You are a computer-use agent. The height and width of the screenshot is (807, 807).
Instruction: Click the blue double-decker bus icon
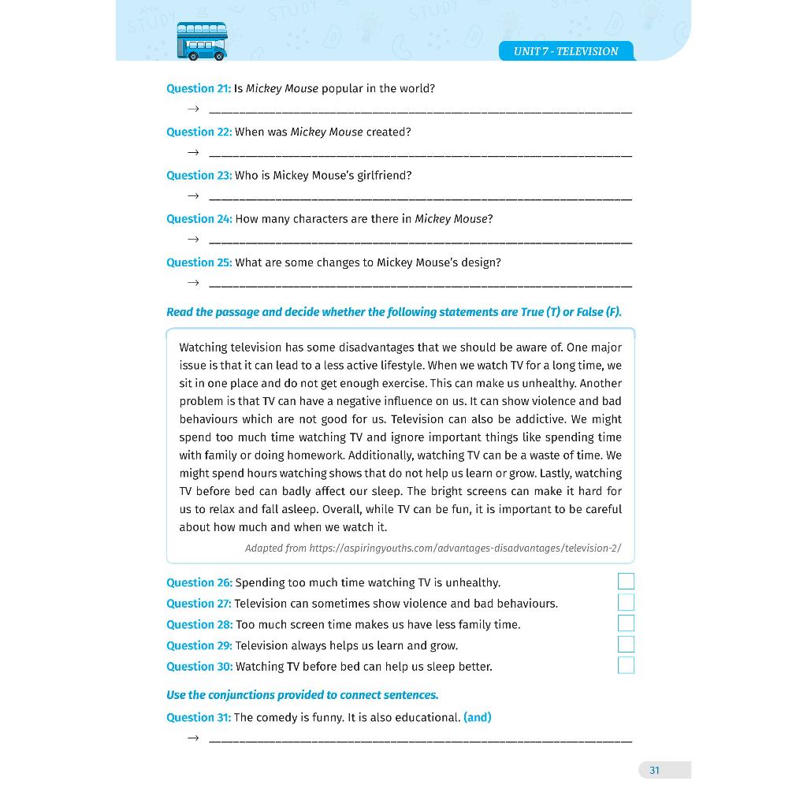coord(202,41)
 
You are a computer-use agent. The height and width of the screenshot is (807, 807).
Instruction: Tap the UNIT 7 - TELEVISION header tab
coord(566,51)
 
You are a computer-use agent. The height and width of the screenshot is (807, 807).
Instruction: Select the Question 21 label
coord(199,88)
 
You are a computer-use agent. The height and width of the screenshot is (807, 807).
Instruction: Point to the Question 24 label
coord(199,218)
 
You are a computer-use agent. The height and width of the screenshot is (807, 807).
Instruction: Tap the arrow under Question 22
coord(193,152)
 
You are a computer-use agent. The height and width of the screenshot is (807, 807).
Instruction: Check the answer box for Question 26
coord(626,582)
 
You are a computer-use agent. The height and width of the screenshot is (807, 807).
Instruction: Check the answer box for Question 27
coord(626,603)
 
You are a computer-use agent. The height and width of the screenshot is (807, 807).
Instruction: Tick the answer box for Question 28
coord(626,623)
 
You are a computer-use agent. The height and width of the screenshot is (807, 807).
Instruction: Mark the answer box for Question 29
coord(626,645)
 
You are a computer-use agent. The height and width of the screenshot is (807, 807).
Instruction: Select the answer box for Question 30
coord(626,666)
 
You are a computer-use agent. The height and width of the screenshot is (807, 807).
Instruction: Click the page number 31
coord(654,770)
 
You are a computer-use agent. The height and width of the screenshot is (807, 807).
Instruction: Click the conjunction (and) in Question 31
coord(478,717)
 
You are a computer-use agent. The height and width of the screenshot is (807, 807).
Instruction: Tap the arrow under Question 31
coord(193,738)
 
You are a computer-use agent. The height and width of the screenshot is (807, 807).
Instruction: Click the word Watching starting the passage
coord(203,348)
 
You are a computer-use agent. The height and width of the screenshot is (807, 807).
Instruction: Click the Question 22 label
coord(199,132)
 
